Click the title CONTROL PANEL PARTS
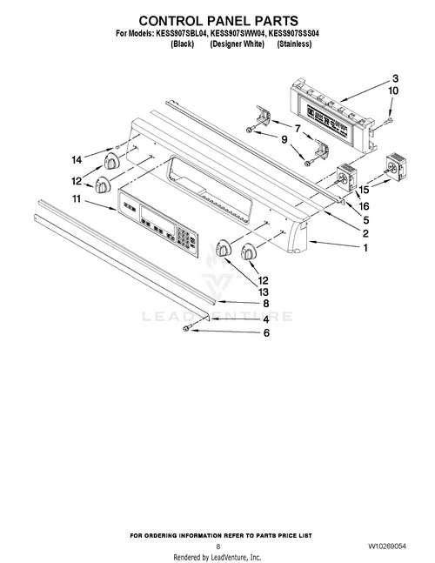218,19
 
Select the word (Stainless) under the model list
294,43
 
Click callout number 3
394,78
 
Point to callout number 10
393,90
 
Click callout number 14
77,159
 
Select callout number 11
77,200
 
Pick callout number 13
264,292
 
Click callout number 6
266,332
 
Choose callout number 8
266,304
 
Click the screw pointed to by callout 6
186,328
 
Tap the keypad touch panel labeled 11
159,223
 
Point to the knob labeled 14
110,163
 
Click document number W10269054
386,545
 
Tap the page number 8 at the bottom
217,546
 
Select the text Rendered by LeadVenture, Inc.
217,556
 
